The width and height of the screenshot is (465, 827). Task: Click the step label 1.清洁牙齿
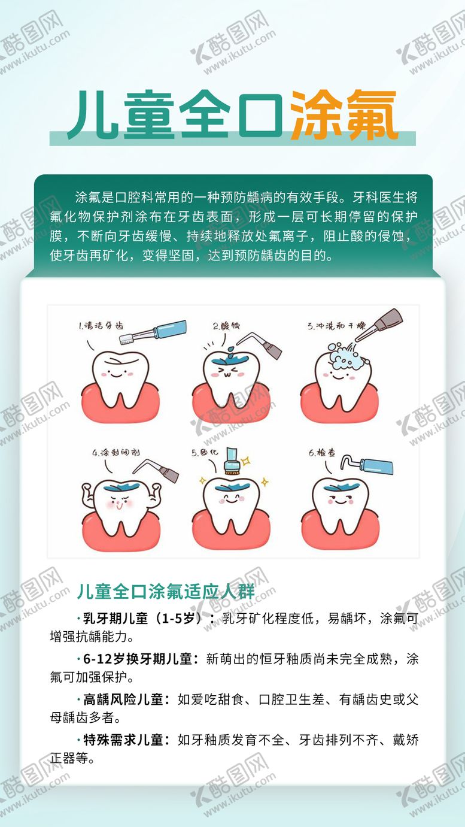tap(101, 326)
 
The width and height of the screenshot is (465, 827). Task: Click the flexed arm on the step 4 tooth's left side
tap(88, 496)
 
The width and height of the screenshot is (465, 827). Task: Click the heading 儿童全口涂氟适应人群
tap(165, 592)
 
